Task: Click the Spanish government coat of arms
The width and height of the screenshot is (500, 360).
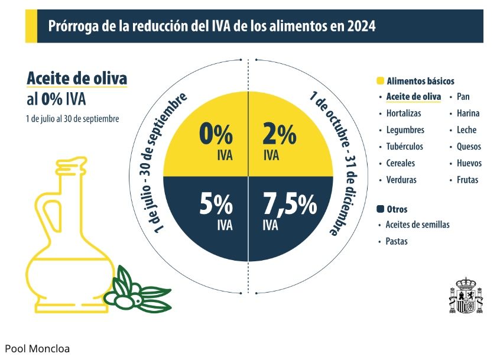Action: [x=467, y=295]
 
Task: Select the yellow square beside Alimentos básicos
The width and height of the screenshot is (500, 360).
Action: [x=381, y=81]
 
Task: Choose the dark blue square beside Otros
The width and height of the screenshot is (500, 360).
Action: [x=381, y=209]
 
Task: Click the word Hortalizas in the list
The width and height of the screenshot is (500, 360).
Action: [x=403, y=113]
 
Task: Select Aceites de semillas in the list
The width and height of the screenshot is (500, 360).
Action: [x=417, y=225]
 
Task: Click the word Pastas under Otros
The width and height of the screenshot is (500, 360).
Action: [x=396, y=241]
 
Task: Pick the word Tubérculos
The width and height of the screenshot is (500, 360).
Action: [x=404, y=147]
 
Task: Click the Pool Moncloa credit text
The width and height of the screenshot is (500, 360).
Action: [x=37, y=349]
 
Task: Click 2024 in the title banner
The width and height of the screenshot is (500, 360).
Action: [x=360, y=27]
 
